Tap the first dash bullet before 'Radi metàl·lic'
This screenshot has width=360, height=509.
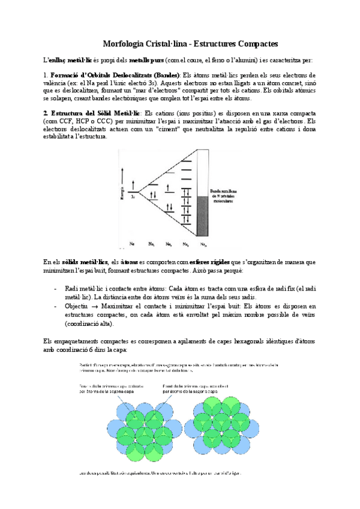point(56,289)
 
